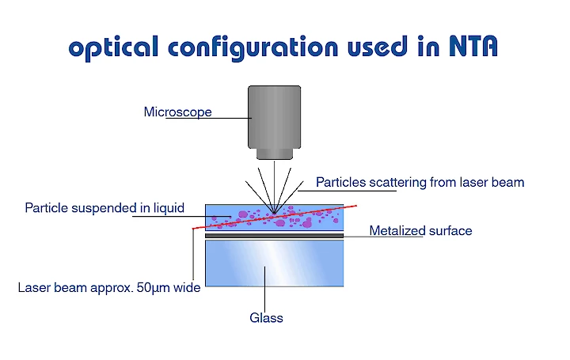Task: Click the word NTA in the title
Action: click(x=473, y=46)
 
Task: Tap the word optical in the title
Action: click(x=113, y=48)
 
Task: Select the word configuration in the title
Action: click(x=253, y=48)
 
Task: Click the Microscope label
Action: click(x=178, y=112)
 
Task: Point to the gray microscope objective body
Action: click(x=275, y=117)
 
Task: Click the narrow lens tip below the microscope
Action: click(x=275, y=154)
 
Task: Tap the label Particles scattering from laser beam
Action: click(x=420, y=182)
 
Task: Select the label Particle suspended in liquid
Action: click(x=104, y=208)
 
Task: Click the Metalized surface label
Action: click(x=420, y=231)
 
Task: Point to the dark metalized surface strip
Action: click(x=275, y=236)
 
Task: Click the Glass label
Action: click(x=266, y=318)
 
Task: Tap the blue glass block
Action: click(x=275, y=263)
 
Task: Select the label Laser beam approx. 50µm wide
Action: click(x=109, y=288)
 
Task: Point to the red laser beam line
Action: click(x=275, y=217)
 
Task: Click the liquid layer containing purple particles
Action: click(x=275, y=218)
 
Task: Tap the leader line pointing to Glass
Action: click(x=264, y=290)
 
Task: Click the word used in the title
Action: click(x=377, y=46)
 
